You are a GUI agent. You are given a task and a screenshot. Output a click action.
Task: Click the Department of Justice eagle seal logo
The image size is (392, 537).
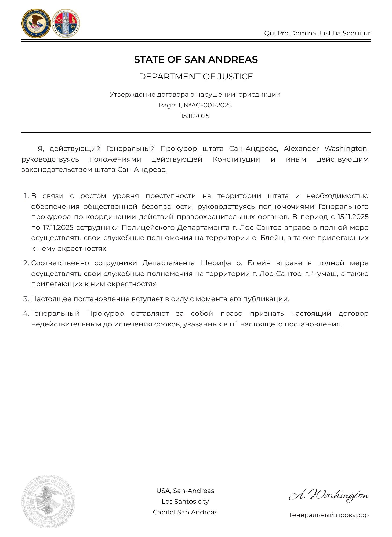[36, 24]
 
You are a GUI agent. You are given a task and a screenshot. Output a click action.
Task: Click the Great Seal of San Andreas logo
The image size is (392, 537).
[66, 24]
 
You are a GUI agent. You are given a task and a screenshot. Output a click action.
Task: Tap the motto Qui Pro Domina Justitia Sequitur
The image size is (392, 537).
[317, 33]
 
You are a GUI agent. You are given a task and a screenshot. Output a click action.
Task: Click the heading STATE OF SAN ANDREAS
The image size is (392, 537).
[196, 60]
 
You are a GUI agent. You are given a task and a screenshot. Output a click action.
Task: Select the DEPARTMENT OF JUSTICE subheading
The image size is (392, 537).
[196, 77]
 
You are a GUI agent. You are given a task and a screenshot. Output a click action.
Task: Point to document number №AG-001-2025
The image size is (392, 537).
[208, 105]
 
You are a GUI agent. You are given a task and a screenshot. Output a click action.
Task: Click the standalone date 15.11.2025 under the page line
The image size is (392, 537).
[195, 116]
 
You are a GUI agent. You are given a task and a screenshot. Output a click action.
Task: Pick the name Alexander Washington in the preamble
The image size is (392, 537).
[326, 148]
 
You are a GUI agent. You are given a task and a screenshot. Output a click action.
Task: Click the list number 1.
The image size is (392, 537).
[26, 196]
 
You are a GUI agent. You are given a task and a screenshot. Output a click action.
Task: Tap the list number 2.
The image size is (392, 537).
[26, 263]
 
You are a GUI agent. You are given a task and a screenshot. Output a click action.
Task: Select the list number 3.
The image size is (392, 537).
[26, 299]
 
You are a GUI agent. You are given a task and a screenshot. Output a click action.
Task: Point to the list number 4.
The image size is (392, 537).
[26, 314]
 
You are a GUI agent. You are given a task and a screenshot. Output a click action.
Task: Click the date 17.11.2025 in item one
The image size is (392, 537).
[58, 228]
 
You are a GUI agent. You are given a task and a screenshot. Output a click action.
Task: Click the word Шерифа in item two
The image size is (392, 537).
[216, 263]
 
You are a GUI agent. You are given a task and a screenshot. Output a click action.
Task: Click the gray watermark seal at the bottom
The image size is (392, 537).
[48, 502]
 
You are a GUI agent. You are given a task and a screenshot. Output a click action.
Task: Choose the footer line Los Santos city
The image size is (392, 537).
[185, 502]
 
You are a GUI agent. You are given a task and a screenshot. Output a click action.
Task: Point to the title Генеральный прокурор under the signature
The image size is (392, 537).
[329, 515]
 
